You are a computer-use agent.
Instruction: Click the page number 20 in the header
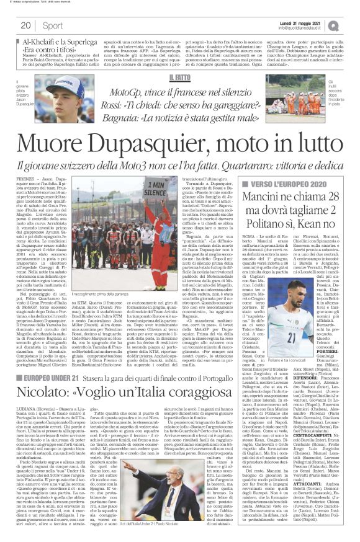(26, 25)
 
